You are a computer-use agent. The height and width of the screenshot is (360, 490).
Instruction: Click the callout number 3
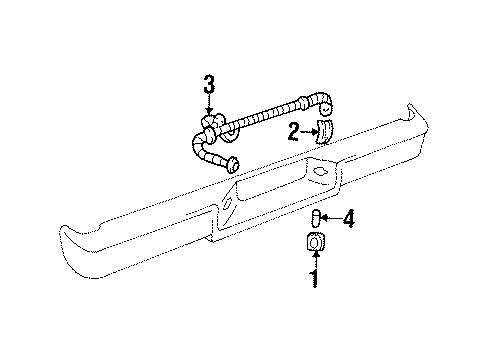point(209,85)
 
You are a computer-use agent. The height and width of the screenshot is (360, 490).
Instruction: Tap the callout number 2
point(294,132)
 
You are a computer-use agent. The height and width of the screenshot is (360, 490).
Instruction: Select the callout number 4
point(349,219)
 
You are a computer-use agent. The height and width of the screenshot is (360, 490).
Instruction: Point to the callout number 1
point(314,279)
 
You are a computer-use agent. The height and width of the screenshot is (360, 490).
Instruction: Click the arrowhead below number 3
point(209,111)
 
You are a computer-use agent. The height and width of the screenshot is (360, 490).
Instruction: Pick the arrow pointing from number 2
point(309,132)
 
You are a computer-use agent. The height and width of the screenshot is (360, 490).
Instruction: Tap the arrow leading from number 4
point(332,219)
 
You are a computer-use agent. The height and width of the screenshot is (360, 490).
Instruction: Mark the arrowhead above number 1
point(315,254)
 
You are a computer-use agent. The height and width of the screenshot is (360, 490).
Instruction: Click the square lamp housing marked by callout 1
point(315,241)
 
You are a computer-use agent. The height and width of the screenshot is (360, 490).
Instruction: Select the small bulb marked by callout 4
point(315,218)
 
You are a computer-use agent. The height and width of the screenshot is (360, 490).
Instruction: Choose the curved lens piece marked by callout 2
point(325,132)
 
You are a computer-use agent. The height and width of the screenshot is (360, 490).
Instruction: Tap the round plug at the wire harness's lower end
point(233,164)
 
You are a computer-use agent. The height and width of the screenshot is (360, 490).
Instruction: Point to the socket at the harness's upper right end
point(325,107)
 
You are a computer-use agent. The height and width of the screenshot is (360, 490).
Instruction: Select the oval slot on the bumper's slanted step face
point(228,204)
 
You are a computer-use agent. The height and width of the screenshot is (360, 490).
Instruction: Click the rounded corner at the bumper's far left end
point(65,233)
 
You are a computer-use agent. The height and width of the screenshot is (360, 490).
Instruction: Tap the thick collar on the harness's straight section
point(303,103)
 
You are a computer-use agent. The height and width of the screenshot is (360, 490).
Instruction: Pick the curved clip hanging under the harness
point(231,135)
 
